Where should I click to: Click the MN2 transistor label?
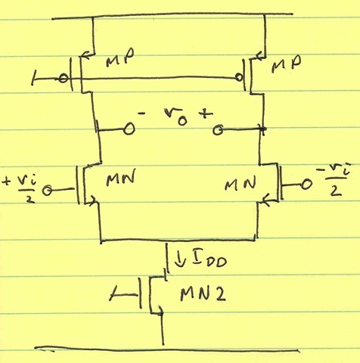[x=203, y=294]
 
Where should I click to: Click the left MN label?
[x=120, y=177]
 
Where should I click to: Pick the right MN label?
[x=241, y=184]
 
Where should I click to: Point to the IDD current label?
[x=210, y=260]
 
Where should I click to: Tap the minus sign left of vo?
[x=142, y=114]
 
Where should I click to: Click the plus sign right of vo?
[x=206, y=114]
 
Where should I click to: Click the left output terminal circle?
[x=129, y=129]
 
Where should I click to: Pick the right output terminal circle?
[x=218, y=130]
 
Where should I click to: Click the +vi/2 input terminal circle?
[x=47, y=190]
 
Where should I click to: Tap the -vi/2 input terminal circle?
[x=306, y=185]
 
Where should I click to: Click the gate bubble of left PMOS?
[x=63, y=79]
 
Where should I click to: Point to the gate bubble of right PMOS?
[x=238, y=77]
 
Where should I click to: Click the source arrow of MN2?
[x=160, y=310]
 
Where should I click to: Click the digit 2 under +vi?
[x=29, y=199]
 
